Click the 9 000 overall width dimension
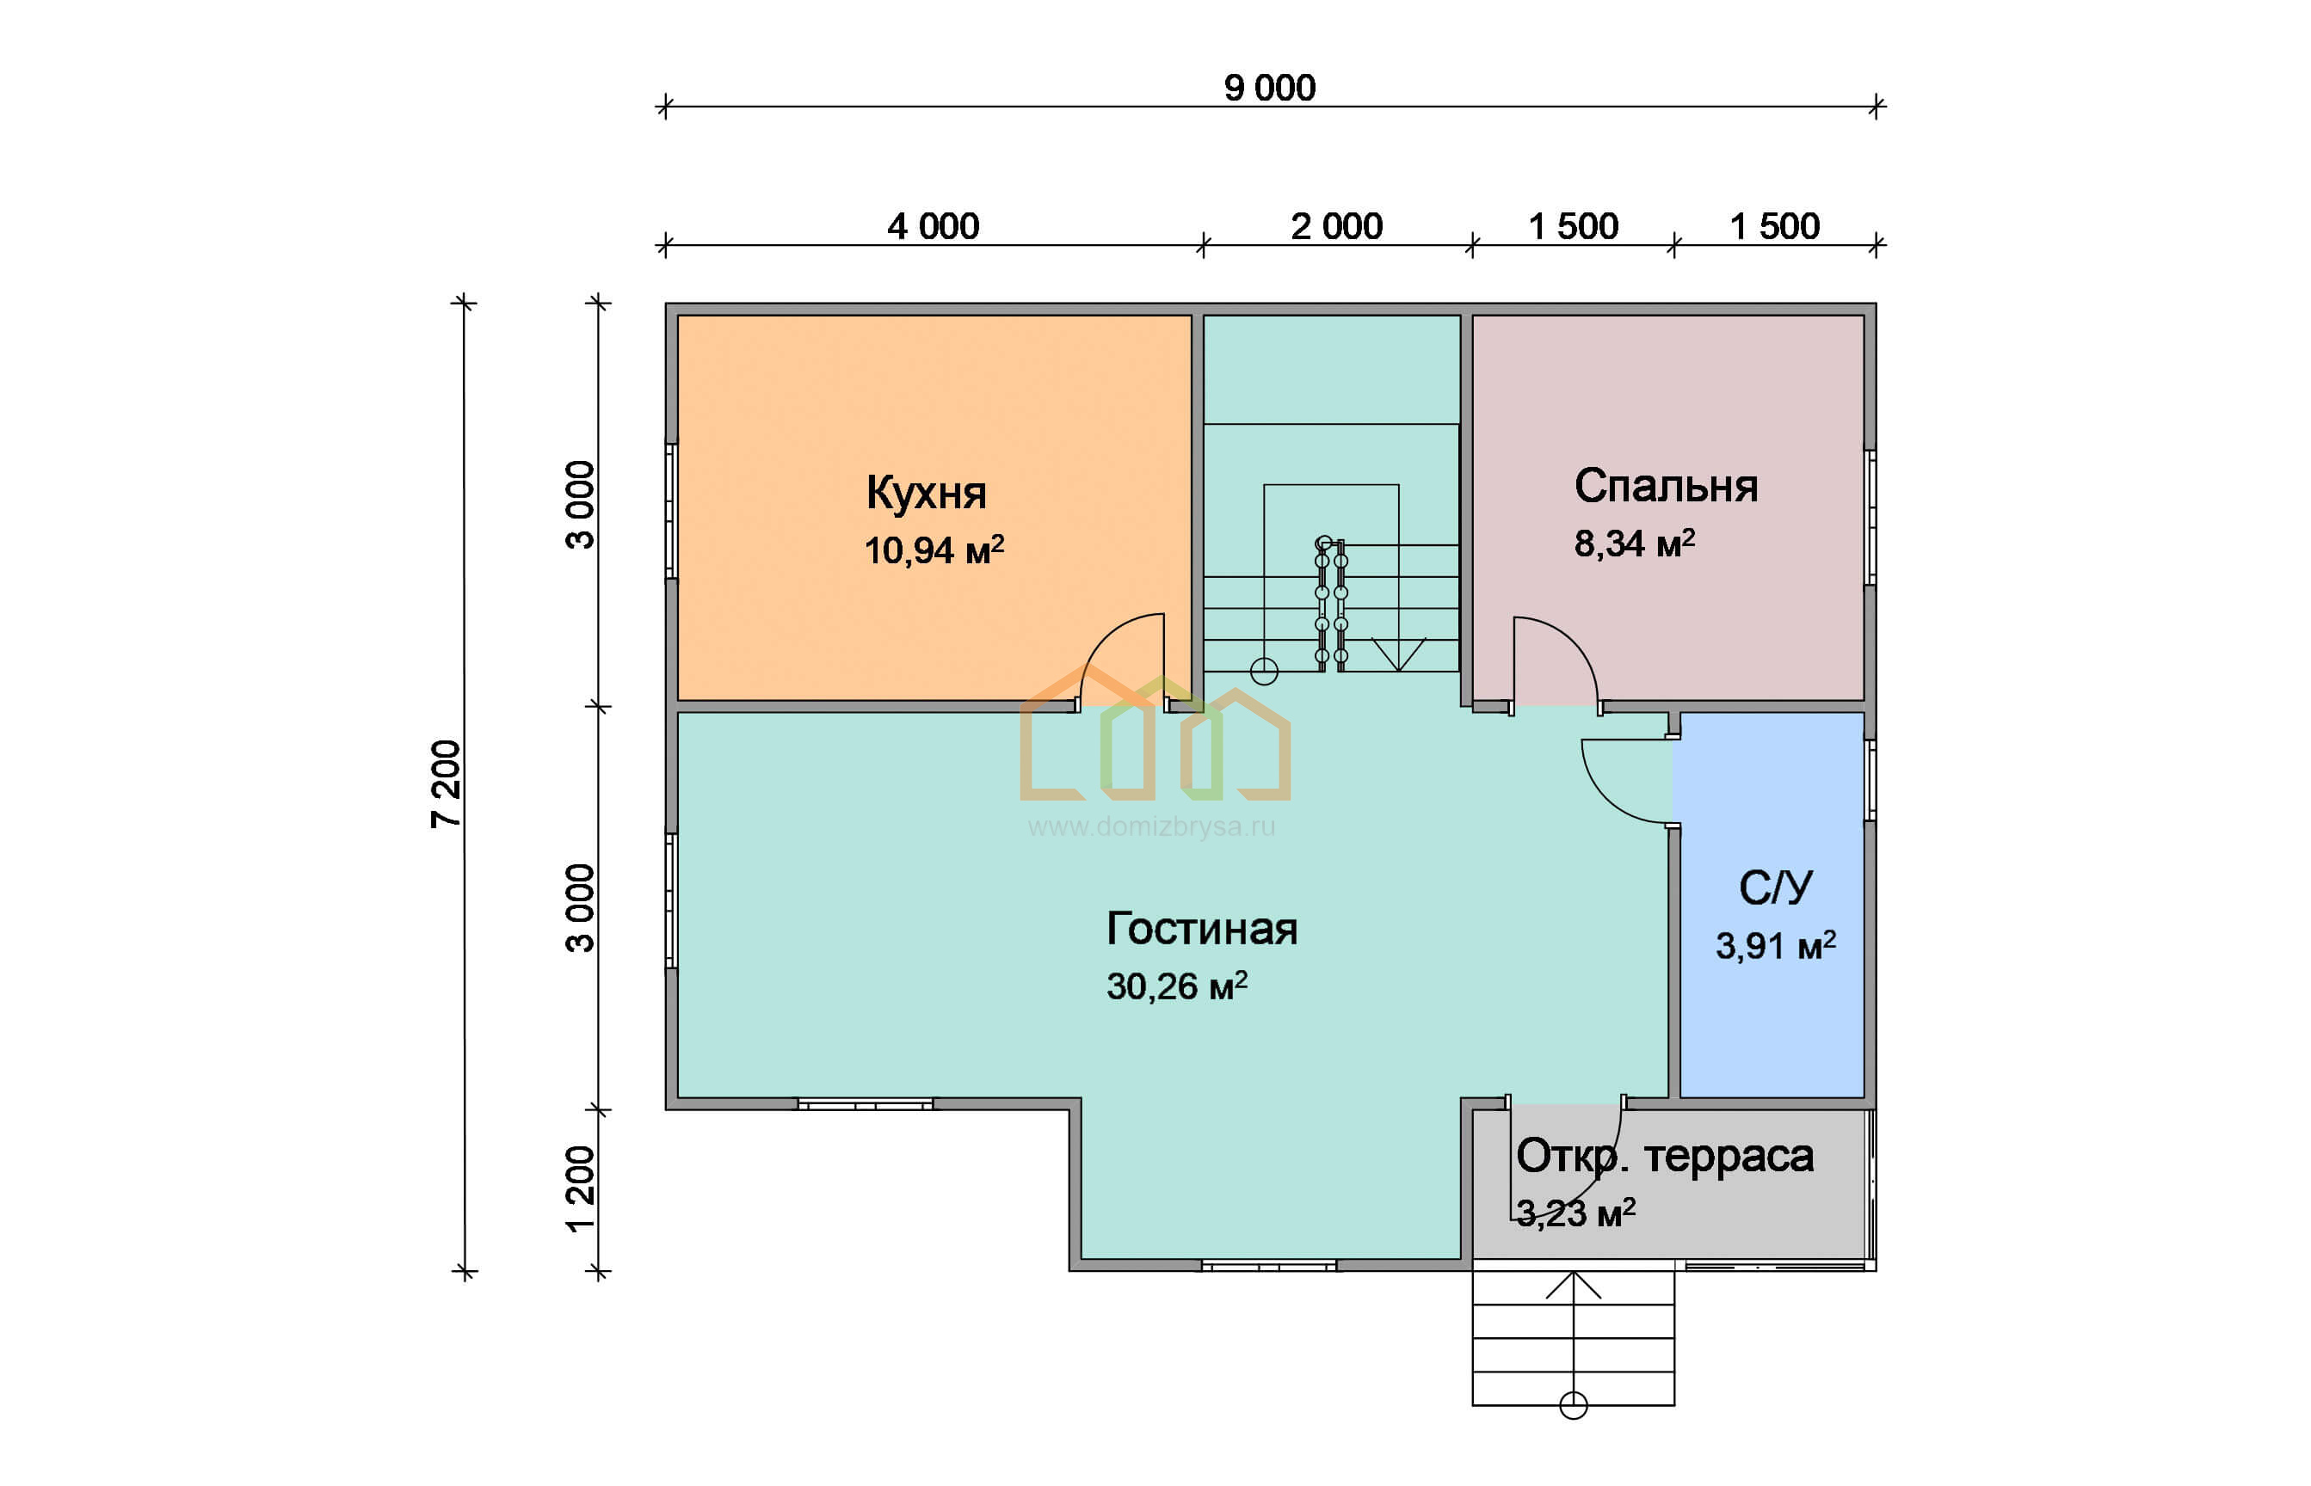click(1268, 88)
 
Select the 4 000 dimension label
click(933, 227)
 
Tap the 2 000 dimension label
click(1336, 227)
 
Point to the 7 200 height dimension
click(446, 783)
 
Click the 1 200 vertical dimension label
click(580, 1188)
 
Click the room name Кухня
click(926, 493)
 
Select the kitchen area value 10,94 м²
click(934, 550)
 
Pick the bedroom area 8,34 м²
click(1634, 543)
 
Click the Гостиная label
click(1201, 928)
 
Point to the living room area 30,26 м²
click(1177, 986)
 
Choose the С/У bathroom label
click(1775, 887)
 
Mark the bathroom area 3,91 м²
click(1775, 946)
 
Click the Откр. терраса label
click(1664, 1156)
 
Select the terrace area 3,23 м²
click(1575, 1213)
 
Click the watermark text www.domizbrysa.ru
click(1152, 827)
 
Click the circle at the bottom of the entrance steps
click(1574, 1406)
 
